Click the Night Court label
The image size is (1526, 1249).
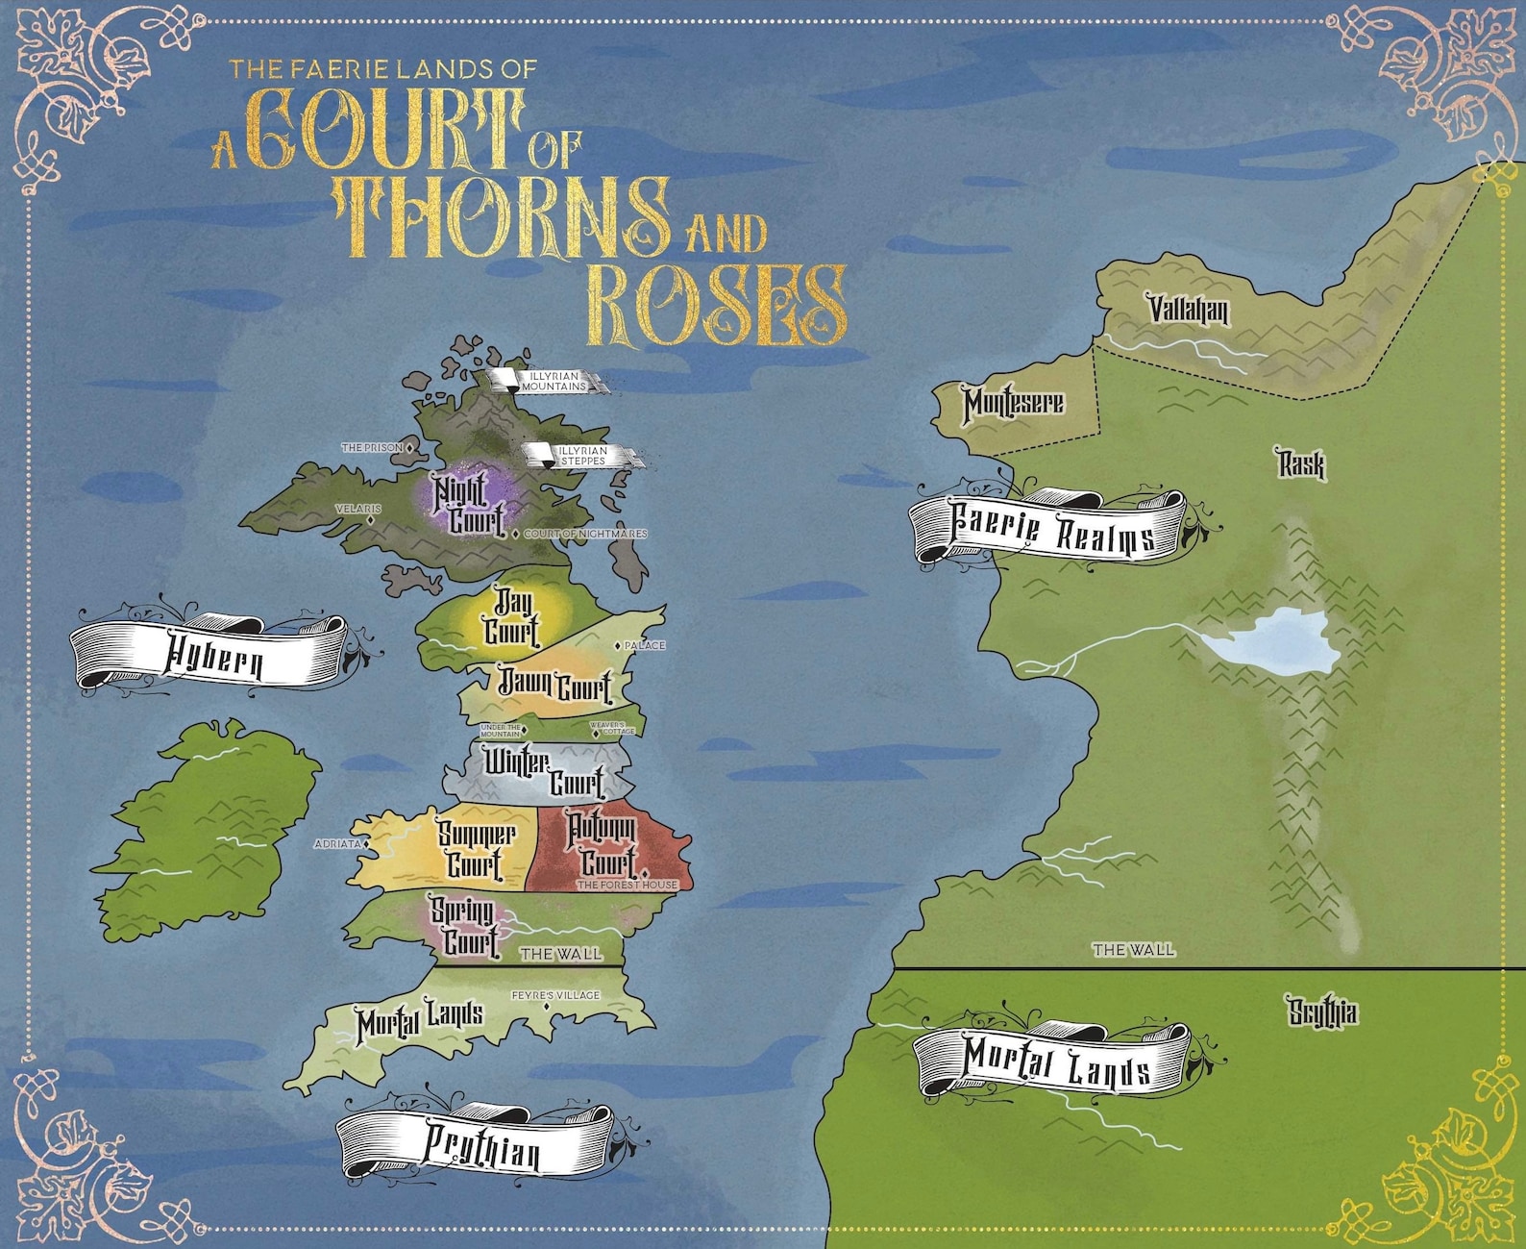[x=468, y=505]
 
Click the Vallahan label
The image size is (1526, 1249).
[x=1188, y=310]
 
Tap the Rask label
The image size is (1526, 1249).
[x=1300, y=464]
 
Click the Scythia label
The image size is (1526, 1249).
[x=1322, y=1012]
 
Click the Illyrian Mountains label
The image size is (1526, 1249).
[x=553, y=381]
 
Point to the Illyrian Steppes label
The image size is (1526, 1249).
[x=583, y=456]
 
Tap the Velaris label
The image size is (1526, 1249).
[x=357, y=509]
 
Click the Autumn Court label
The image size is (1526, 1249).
[x=603, y=843]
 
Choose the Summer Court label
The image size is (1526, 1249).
[x=476, y=849]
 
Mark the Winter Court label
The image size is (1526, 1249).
[x=544, y=772]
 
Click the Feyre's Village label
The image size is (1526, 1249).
[x=554, y=995]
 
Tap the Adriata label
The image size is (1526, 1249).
[x=337, y=844]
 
